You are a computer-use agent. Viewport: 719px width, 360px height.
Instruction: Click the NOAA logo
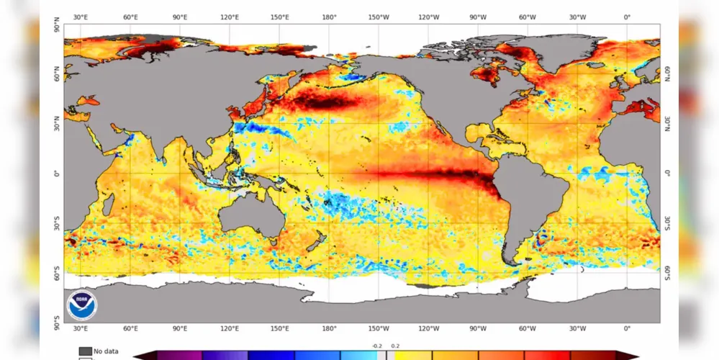point(82,305)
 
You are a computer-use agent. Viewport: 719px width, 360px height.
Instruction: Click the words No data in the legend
point(106,351)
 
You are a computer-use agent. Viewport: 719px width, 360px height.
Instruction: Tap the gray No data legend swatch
point(85,351)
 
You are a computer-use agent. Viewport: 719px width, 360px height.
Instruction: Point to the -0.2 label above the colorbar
point(377,346)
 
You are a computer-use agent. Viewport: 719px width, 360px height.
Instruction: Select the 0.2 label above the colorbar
point(395,346)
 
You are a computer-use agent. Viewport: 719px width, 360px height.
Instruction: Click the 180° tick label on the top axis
point(329,17)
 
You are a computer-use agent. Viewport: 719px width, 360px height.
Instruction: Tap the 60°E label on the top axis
point(130,17)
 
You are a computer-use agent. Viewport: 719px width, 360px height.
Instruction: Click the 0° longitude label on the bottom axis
point(627,328)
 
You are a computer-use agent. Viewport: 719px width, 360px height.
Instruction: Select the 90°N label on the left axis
point(58,24)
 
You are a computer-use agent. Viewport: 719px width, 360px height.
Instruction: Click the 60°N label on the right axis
point(667,74)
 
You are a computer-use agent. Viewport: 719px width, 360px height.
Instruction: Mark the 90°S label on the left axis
point(58,323)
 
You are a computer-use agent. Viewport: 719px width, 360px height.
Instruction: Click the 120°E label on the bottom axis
point(230,328)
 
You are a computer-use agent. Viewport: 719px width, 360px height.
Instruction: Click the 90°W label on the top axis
point(478,17)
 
